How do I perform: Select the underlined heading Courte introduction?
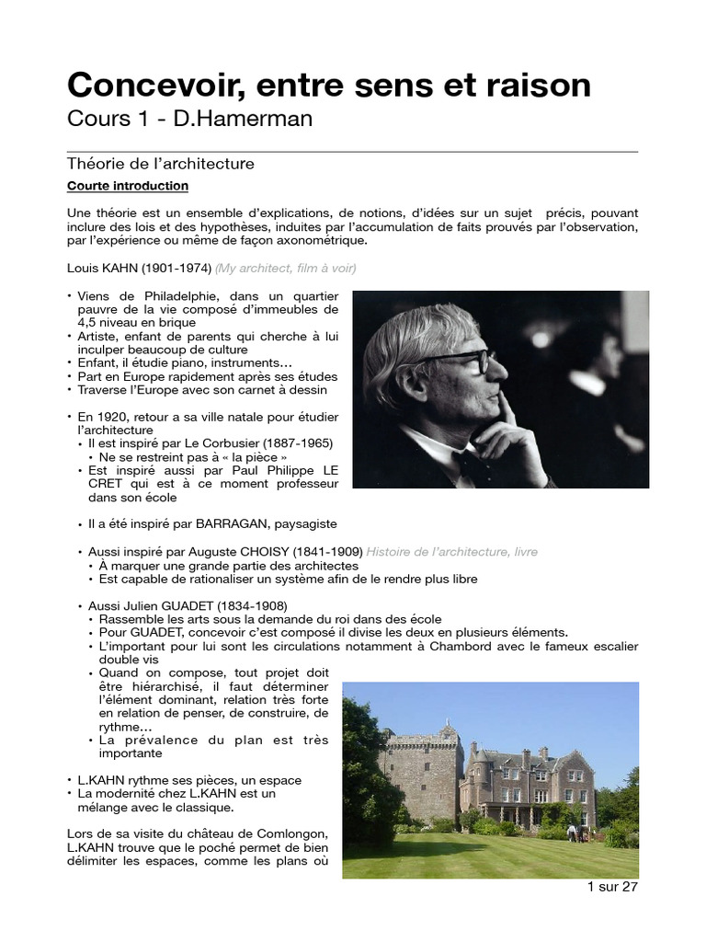tap(128, 186)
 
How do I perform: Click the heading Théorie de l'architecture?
tap(160, 164)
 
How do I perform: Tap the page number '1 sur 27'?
tap(611, 887)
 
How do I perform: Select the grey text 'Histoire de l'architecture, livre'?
tap(451, 551)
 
